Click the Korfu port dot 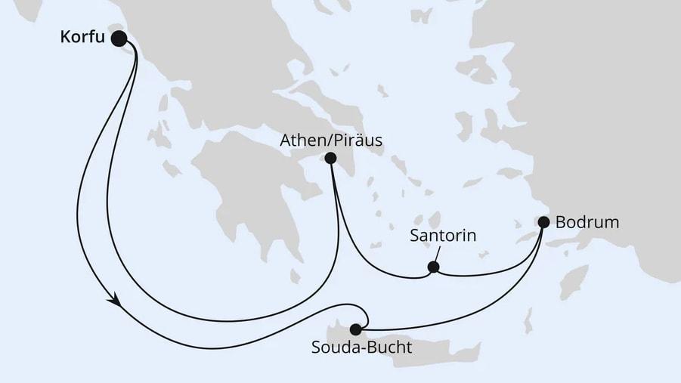[119, 38]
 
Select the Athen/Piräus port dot [330, 159]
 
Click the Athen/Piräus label [330, 140]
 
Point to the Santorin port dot [433, 267]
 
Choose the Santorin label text [443, 236]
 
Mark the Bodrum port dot [543, 222]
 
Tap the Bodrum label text [587, 222]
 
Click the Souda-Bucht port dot [355, 329]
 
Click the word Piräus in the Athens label [359, 140]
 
